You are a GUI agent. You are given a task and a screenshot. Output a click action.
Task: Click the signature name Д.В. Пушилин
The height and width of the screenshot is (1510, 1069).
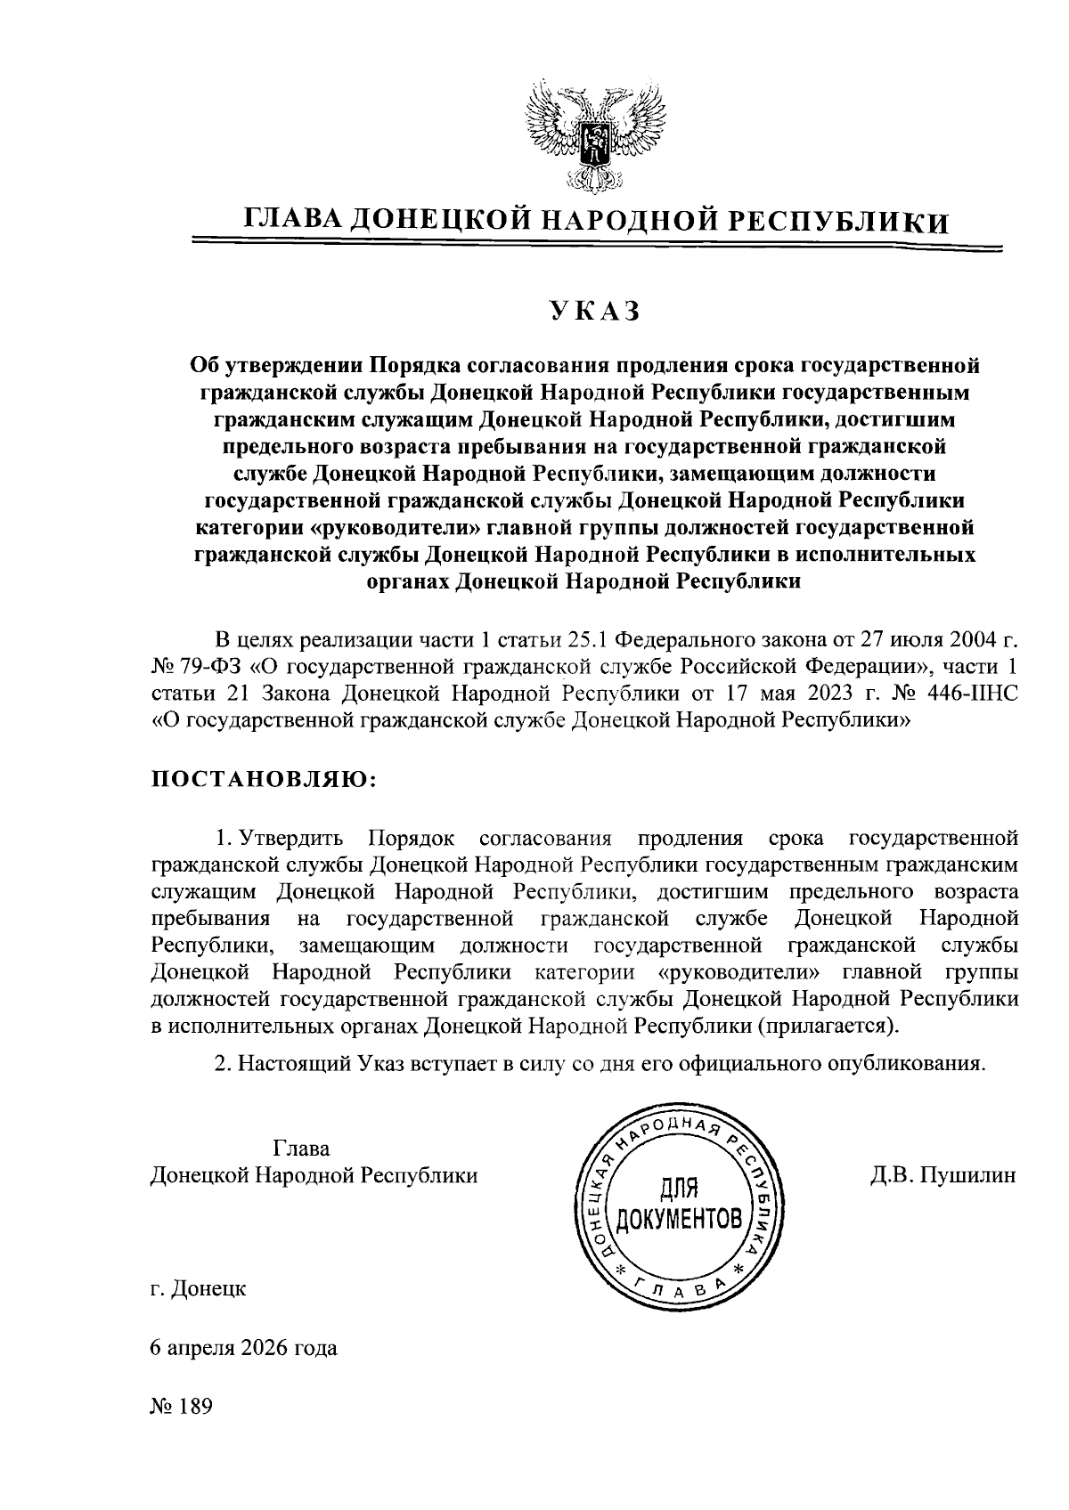943,1175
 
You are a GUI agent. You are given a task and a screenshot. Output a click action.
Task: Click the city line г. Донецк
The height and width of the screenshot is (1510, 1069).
199,1287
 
